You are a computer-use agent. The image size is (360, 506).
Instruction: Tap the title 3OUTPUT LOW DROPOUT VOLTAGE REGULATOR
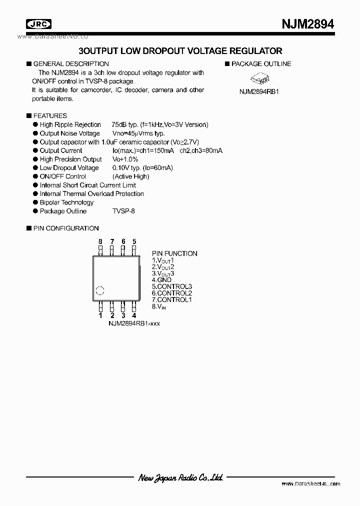pos(180,51)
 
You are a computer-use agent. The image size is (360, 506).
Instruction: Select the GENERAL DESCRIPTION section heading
pos(70,64)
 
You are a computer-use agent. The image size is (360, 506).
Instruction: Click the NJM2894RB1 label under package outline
pos(258,92)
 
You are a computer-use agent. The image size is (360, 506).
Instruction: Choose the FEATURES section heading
pos(49,115)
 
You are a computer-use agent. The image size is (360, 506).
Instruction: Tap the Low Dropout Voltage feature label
pos(69,168)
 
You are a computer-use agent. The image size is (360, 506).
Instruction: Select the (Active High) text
pos(131,176)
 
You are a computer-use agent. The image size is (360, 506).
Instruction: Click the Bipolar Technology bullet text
pos(66,202)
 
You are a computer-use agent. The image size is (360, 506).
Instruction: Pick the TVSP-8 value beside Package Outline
pos(123,211)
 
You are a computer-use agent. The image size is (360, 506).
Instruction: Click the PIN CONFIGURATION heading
pos(65,228)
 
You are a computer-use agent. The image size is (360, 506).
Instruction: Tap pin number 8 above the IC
pos(100,241)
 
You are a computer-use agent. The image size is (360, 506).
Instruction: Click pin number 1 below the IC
pos(100,315)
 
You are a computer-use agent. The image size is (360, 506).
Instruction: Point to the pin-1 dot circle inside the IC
pos(100,290)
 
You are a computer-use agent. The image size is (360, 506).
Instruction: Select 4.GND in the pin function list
pos(161,280)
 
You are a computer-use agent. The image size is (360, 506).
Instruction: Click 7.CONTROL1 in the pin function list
pos(171,299)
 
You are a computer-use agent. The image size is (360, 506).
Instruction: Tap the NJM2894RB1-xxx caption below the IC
pos(134,323)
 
